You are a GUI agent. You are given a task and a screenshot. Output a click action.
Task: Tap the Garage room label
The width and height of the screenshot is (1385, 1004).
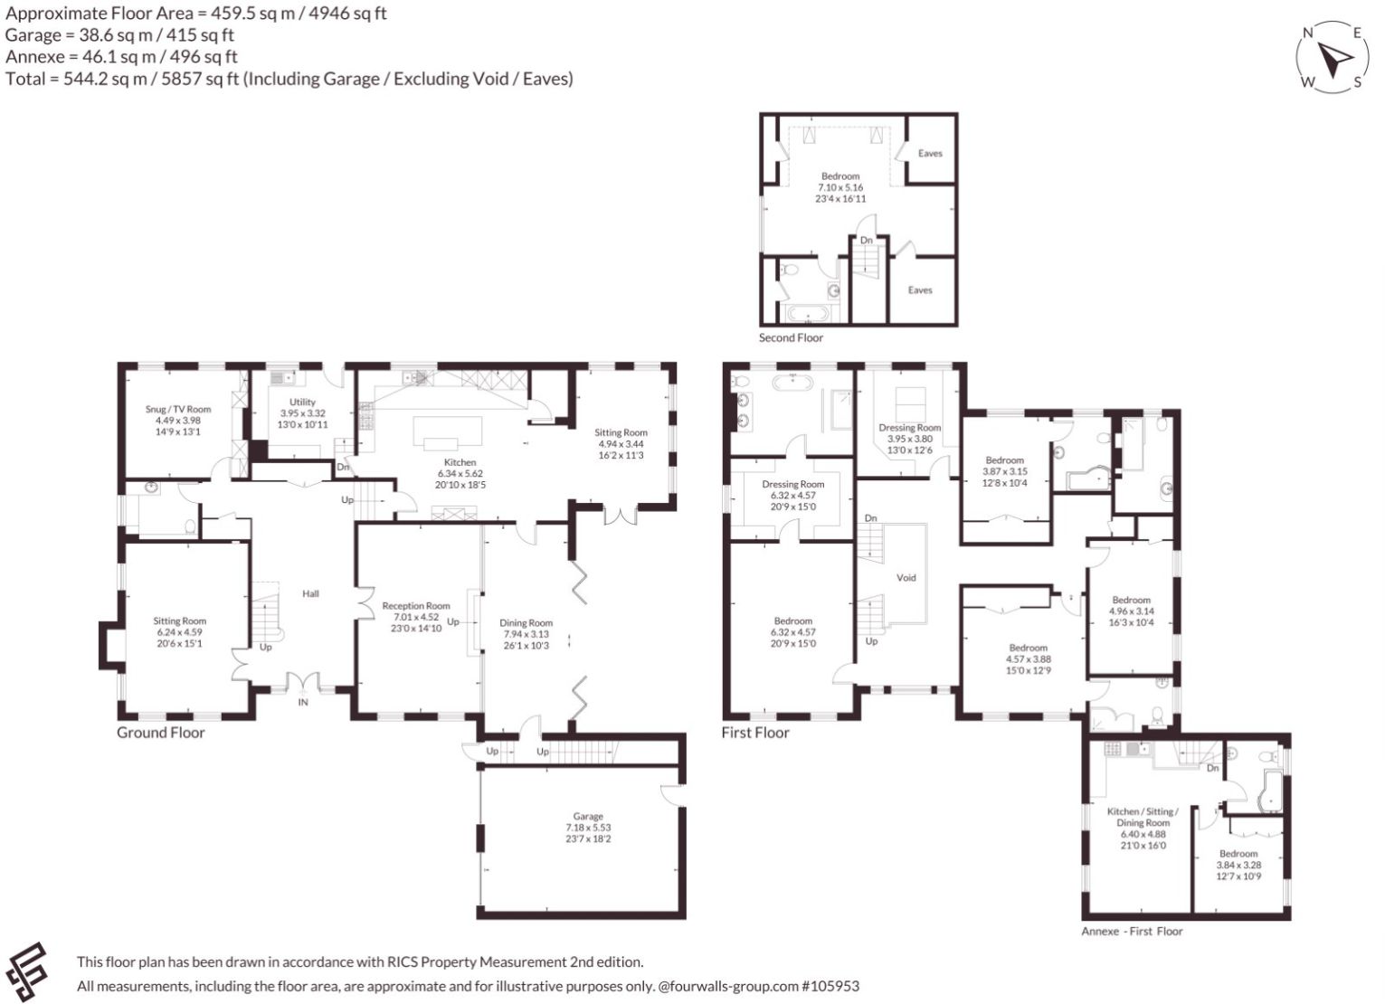pos(587,816)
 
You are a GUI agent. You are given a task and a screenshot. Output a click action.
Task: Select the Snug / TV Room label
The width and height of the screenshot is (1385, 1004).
pos(178,409)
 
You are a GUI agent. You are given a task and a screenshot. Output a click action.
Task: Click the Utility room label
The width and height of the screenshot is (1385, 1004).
pos(302,402)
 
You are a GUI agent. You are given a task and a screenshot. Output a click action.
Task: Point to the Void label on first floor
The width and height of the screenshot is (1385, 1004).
pos(906,577)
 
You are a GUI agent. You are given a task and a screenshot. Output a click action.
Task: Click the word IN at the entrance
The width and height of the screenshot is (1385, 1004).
pos(303,702)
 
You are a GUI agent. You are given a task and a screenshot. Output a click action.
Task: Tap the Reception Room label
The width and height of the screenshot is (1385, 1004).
pos(415,606)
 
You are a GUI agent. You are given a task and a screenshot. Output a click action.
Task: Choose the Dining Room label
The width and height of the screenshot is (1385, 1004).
pos(526,622)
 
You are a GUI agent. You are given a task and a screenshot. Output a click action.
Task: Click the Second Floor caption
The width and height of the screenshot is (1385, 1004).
pos(791,337)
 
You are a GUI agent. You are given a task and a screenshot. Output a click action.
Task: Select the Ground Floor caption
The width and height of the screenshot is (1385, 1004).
pos(161,733)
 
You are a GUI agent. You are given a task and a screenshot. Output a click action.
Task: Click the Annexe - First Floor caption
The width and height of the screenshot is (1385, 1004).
pos(1132,931)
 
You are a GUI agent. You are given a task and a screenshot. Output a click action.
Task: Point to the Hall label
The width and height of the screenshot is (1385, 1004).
pos(310,593)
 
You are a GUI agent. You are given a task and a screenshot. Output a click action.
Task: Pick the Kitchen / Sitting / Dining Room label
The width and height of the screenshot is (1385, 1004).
pos(1143,817)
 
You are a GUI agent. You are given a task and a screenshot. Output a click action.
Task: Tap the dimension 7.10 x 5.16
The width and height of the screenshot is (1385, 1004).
pos(840,187)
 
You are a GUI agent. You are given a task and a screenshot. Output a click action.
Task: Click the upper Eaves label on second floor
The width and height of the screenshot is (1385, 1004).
pos(930,154)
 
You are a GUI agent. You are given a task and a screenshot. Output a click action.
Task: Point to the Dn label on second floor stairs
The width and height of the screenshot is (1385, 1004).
pos(867,240)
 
